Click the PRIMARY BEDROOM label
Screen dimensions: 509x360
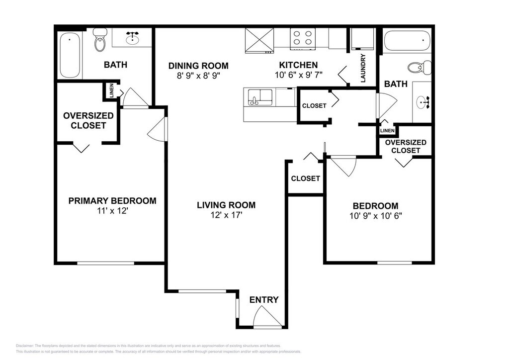[112, 200]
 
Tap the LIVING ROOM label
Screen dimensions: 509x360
[226, 205]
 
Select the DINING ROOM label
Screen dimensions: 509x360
[198, 66]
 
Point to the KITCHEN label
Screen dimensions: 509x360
[298, 65]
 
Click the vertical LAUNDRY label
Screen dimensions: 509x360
[363, 68]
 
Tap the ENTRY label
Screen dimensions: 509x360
[264, 300]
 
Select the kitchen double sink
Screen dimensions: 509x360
[260, 97]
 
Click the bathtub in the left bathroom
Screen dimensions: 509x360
[70, 55]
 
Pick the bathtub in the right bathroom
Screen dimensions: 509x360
[407, 40]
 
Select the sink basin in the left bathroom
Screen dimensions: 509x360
[133, 39]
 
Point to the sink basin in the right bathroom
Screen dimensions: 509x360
[423, 102]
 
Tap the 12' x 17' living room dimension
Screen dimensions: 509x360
[227, 215]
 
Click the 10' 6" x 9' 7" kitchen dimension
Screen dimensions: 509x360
[298, 75]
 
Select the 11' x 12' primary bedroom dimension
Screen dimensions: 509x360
[113, 211]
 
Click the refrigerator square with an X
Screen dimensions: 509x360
[259, 40]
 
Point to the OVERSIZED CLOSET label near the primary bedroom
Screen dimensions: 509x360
[88, 120]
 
